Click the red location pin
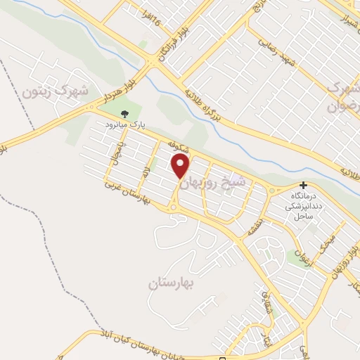tap(181, 167)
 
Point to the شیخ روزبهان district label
tap(215, 181)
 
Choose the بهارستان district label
tap(173, 284)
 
